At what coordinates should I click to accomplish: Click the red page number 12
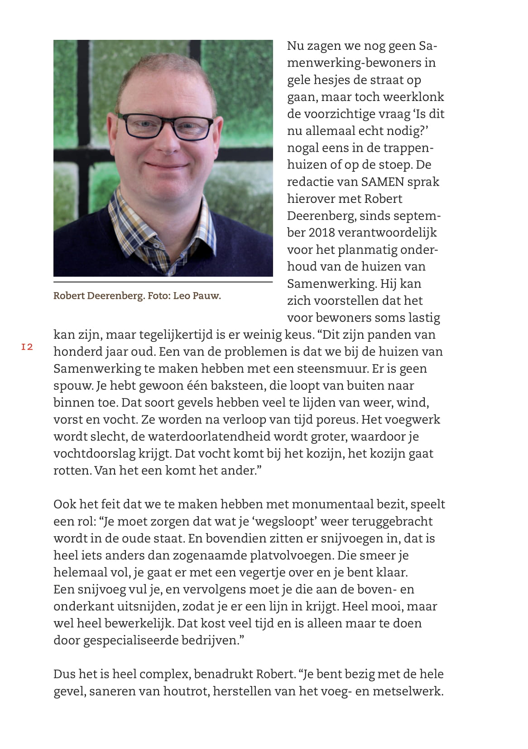pos(27,347)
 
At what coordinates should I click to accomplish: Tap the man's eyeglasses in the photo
pos(166,125)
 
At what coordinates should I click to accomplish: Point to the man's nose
pos(168,141)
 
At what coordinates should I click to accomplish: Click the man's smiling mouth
pos(166,166)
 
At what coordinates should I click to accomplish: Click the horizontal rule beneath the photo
pos(163,282)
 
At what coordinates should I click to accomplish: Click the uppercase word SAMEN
pos(383,182)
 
